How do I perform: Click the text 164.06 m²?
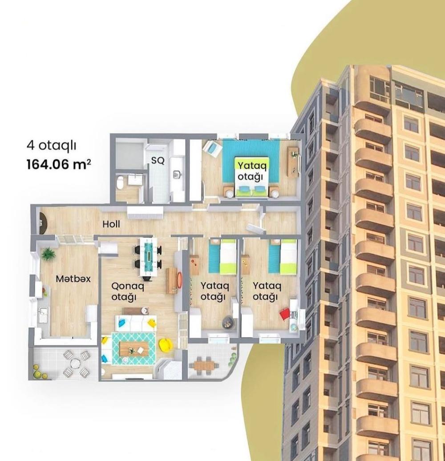[58, 164]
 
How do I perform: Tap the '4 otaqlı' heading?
[52, 146]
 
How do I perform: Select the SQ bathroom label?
[158, 161]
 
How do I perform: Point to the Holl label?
[111, 224]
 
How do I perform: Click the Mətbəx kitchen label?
[73, 279]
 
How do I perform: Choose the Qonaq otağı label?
[128, 291]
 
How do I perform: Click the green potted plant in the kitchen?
[48, 254]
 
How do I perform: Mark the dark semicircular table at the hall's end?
[43, 223]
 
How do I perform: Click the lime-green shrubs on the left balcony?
[38, 372]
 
